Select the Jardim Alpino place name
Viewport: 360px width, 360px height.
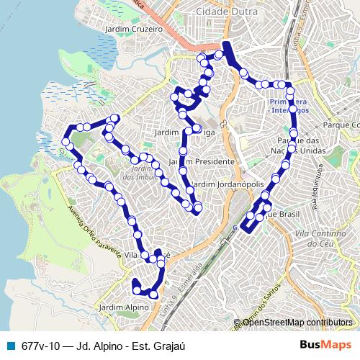123,307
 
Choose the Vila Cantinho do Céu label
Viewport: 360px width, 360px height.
317,238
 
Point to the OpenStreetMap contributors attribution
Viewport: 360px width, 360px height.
297,322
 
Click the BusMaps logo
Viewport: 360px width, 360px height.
326,345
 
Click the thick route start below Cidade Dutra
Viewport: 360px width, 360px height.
228,50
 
